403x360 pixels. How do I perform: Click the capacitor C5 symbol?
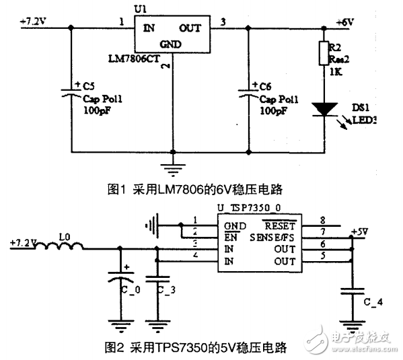click(x=71, y=93)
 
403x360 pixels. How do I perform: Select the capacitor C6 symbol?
click(x=249, y=93)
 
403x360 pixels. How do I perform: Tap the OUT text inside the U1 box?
click(x=191, y=29)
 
